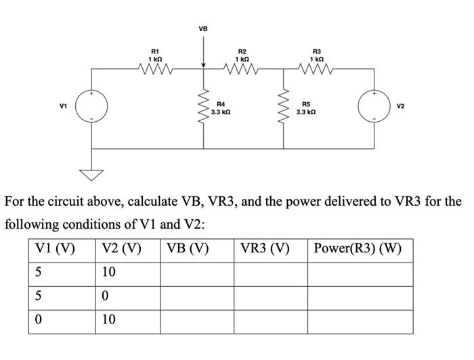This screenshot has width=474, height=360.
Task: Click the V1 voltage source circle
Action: [91, 107]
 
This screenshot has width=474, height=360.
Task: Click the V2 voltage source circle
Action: [376, 107]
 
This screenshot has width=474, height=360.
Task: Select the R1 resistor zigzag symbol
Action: [154, 67]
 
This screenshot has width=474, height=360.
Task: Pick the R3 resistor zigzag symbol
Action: [317, 67]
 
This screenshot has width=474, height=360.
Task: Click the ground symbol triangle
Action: [91, 176]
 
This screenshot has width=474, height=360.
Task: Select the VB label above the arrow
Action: [203, 29]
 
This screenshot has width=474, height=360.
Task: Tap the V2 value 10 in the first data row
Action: [109, 273]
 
